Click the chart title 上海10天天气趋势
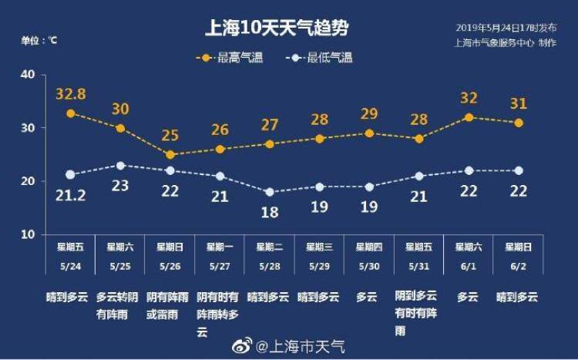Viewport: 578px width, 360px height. point(276,29)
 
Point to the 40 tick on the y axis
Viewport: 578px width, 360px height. point(29,74)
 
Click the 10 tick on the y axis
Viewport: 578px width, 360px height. point(29,234)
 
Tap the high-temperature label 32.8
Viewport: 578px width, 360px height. point(70,95)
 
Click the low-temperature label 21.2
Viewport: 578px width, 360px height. point(70,195)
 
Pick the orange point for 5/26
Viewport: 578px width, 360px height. point(170,154)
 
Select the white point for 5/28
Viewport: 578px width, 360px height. point(270,192)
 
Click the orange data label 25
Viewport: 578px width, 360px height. point(170,136)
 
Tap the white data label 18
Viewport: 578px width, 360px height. point(270,212)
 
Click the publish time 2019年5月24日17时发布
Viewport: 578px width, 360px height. point(506,28)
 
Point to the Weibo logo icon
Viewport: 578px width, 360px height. point(240,345)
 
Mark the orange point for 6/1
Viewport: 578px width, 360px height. point(469,117)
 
